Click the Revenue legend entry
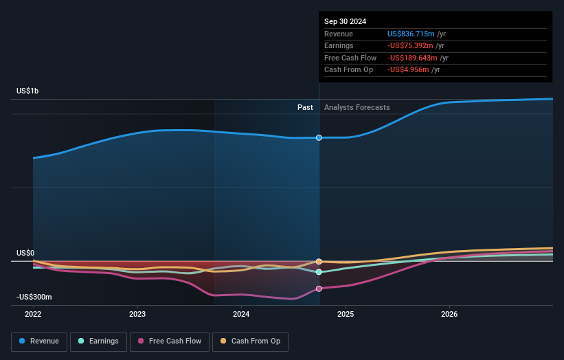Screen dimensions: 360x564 38,341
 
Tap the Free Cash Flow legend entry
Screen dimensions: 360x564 169,341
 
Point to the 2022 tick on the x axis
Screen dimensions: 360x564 33,314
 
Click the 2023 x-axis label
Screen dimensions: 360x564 137,314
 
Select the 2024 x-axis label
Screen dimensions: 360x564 241,314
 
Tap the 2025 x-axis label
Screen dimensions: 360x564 346,314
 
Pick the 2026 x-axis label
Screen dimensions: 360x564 449,314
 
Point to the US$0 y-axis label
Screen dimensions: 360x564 25,253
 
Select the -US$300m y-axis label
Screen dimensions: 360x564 34,297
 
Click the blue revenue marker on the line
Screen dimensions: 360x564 319,138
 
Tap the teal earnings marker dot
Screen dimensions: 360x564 319,272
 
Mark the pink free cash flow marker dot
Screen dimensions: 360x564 319,289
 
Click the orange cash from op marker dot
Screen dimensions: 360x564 319,262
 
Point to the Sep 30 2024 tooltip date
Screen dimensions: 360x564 345,21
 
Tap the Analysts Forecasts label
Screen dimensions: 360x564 357,107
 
